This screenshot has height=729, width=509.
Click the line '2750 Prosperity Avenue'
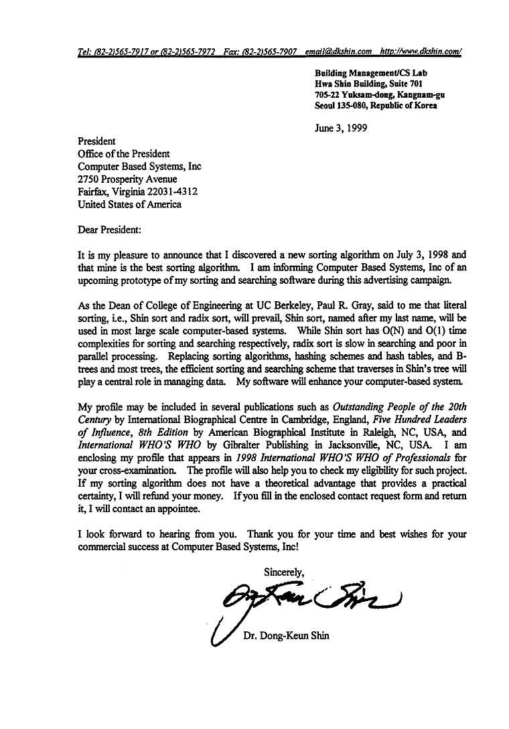click(127, 179)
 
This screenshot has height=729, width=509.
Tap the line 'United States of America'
click(129, 205)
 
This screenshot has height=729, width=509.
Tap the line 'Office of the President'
click(124, 154)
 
